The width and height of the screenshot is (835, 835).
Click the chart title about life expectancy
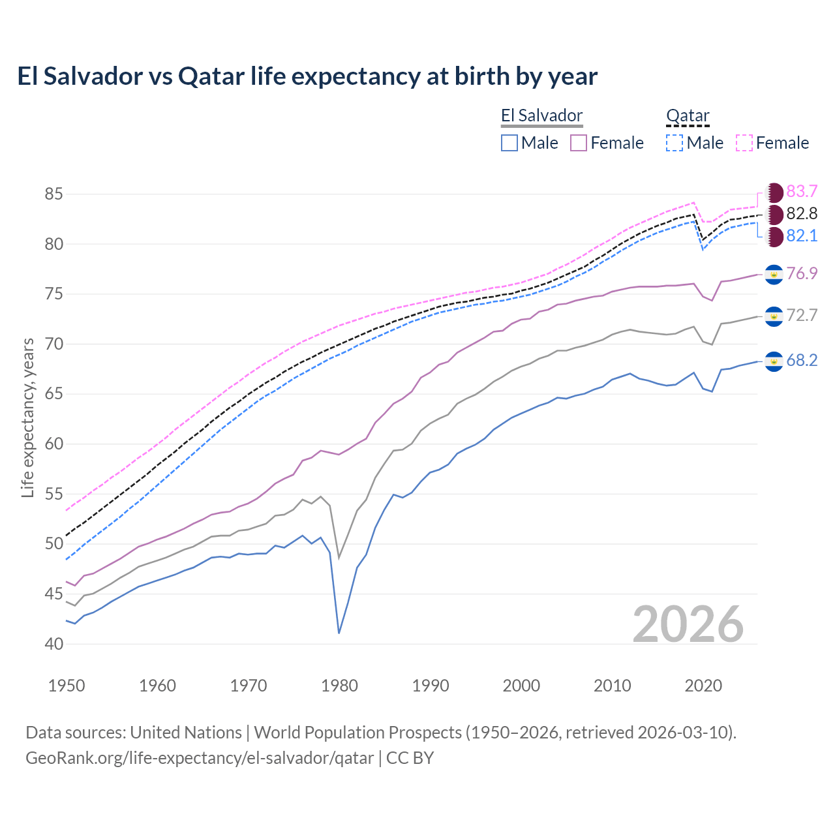pos(307,76)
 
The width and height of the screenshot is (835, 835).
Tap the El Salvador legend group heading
pos(541,116)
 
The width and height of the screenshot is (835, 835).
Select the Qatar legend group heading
pos(688,116)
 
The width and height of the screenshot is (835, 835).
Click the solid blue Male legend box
pos(509,143)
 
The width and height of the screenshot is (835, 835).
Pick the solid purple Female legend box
pos(579,143)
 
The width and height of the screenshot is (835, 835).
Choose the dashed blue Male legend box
pos(675,143)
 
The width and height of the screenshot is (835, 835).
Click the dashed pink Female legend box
pos(744,143)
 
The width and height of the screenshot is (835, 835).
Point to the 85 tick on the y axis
pos(53,194)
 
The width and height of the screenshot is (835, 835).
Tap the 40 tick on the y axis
pos(53,644)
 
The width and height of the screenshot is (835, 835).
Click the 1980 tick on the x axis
pos(340,686)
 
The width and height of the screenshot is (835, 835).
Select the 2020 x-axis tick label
pos(703,686)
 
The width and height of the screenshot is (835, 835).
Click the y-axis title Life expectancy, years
pos(27,418)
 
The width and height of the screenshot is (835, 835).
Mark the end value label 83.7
pos(802,191)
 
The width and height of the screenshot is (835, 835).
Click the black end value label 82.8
pos(802,213)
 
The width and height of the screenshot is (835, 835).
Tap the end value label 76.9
pos(802,273)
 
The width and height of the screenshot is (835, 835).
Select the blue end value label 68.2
pos(802,361)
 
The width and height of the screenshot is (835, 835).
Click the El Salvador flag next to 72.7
pos(774,316)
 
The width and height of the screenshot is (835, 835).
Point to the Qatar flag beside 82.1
pos(774,237)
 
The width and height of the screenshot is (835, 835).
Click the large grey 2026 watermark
pos(688,624)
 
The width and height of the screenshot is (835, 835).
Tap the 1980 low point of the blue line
pos(339,633)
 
